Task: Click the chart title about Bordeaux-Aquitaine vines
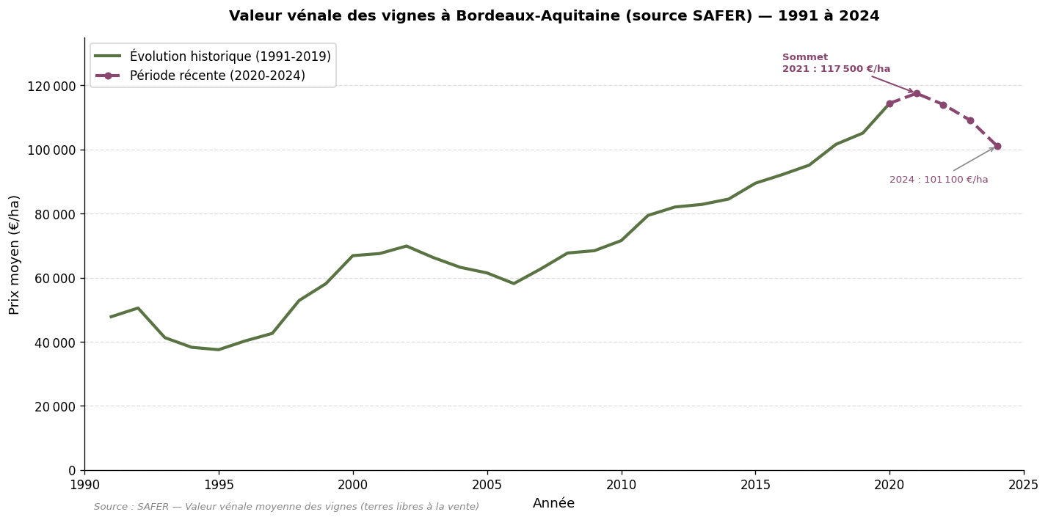click(554, 16)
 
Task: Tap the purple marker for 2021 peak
click(917, 93)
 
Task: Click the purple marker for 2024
click(997, 146)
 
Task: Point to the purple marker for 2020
click(889, 103)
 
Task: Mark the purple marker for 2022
click(943, 105)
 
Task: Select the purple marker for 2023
click(970, 120)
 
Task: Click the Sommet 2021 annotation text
click(835, 63)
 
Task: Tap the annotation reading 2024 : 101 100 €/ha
click(939, 180)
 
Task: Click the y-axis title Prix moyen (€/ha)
click(15, 254)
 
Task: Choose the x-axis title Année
click(553, 503)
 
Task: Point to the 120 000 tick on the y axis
click(55, 86)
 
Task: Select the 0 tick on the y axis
click(72, 470)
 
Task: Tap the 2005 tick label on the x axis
click(487, 485)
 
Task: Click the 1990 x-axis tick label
click(84, 485)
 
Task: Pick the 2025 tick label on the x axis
click(1023, 485)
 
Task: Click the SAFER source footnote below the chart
click(286, 507)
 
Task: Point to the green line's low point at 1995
click(218, 349)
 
